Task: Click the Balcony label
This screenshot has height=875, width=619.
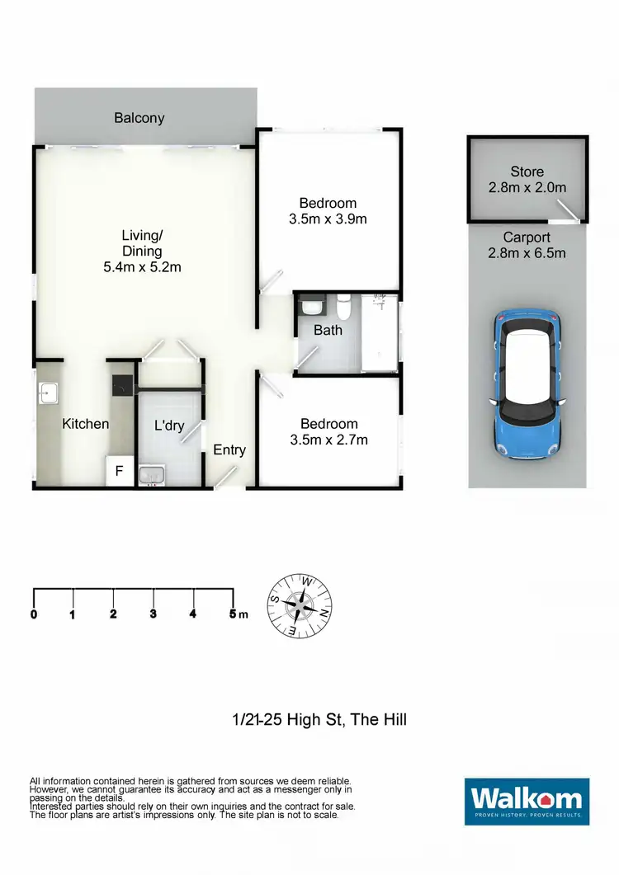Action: click(139, 118)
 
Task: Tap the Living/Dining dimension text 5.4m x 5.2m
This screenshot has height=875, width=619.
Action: click(142, 266)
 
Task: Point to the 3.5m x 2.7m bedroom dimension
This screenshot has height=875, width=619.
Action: click(328, 440)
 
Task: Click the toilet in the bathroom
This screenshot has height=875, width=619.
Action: click(344, 308)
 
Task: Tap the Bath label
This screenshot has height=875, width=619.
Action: click(328, 330)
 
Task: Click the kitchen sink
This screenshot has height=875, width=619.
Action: click(45, 393)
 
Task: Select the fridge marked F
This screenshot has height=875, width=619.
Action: click(119, 473)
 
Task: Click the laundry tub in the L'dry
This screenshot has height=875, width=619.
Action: click(152, 476)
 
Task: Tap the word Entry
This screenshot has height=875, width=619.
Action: click(229, 449)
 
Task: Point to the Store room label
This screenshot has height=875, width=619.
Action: click(527, 172)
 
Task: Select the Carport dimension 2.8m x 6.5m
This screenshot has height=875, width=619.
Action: click(527, 252)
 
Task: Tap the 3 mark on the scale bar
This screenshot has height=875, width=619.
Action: click(153, 614)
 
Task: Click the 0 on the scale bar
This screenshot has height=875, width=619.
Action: click(34, 614)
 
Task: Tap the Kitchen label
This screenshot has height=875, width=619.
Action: click(86, 424)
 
